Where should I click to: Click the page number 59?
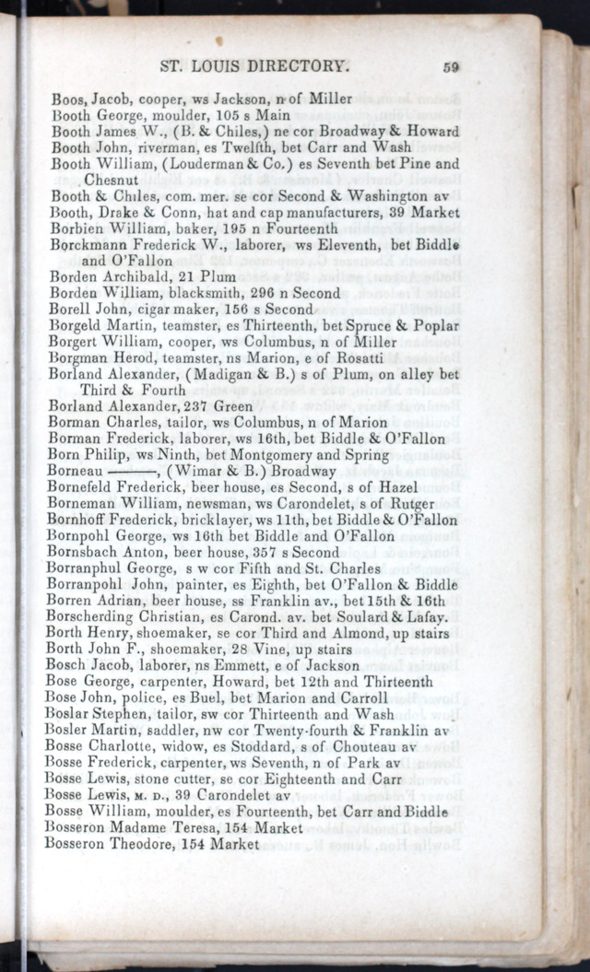point(451,66)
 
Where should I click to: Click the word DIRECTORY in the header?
point(300,66)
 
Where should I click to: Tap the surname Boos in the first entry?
point(68,100)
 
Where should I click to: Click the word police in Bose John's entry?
point(145,697)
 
